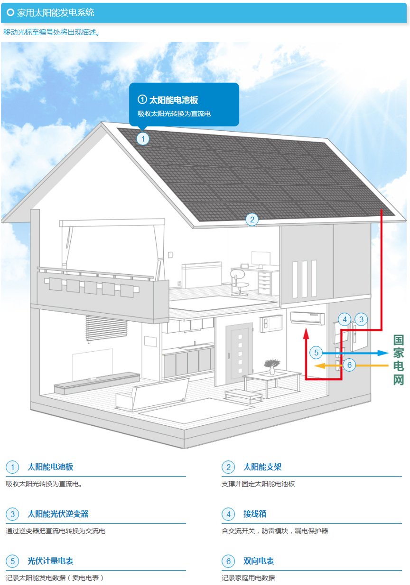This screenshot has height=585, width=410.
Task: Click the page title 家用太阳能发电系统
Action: tap(56, 12)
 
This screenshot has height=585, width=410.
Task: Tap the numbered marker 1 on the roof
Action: tap(143, 139)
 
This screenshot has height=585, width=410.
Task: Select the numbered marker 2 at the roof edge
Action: tap(252, 220)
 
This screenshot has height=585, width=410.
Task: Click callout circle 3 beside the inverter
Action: tap(361, 319)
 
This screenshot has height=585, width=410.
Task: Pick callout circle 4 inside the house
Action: tap(345, 319)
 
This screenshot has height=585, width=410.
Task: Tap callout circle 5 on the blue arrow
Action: tap(316, 353)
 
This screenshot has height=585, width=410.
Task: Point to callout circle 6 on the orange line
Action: tap(349, 365)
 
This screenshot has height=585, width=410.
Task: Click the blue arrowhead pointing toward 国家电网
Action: tap(383, 353)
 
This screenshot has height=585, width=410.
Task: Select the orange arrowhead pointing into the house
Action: tap(320, 365)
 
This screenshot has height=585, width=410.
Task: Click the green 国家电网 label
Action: tap(399, 360)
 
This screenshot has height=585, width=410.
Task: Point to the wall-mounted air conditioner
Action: tap(307, 318)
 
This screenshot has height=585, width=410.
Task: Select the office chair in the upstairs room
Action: tap(239, 283)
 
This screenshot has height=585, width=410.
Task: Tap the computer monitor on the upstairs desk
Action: tap(261, 259)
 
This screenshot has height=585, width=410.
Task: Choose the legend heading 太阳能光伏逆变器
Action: tap(58, 514)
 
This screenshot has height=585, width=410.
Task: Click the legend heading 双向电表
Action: tap(259, 561)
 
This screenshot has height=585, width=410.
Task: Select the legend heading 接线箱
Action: tap(254, 514)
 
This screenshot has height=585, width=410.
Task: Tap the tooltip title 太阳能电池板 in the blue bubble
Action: tap(173, 100)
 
